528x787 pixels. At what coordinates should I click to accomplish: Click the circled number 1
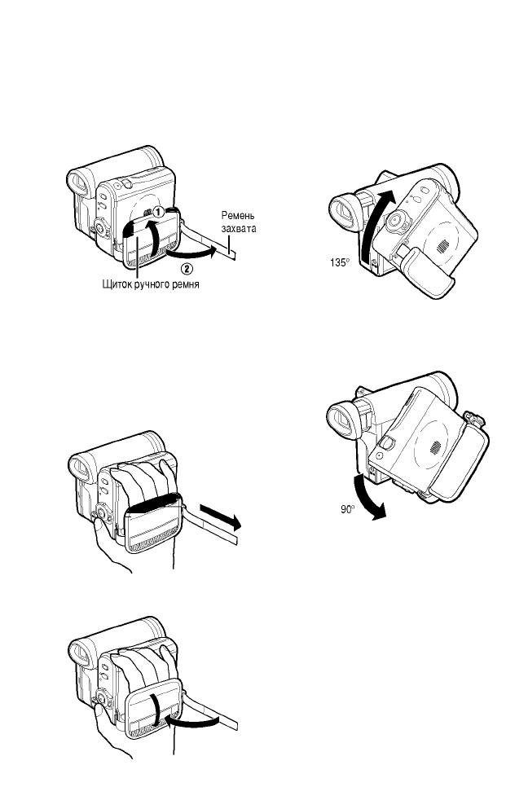pos(161,210)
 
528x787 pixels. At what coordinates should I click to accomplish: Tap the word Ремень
pos(237,217)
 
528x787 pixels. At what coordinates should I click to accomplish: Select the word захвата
pos(238,229)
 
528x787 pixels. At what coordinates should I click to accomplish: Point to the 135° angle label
pos(335,262)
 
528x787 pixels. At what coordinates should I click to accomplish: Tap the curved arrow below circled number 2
pos(196,253)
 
